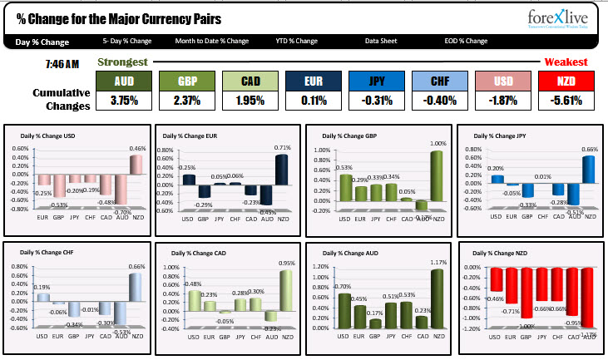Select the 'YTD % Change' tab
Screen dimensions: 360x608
(297, 41)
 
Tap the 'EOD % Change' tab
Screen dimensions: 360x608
(466, 41)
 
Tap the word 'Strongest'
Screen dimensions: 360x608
(122, 62)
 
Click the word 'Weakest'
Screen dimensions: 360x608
(566, 62)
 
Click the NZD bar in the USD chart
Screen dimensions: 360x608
(135, 165)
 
